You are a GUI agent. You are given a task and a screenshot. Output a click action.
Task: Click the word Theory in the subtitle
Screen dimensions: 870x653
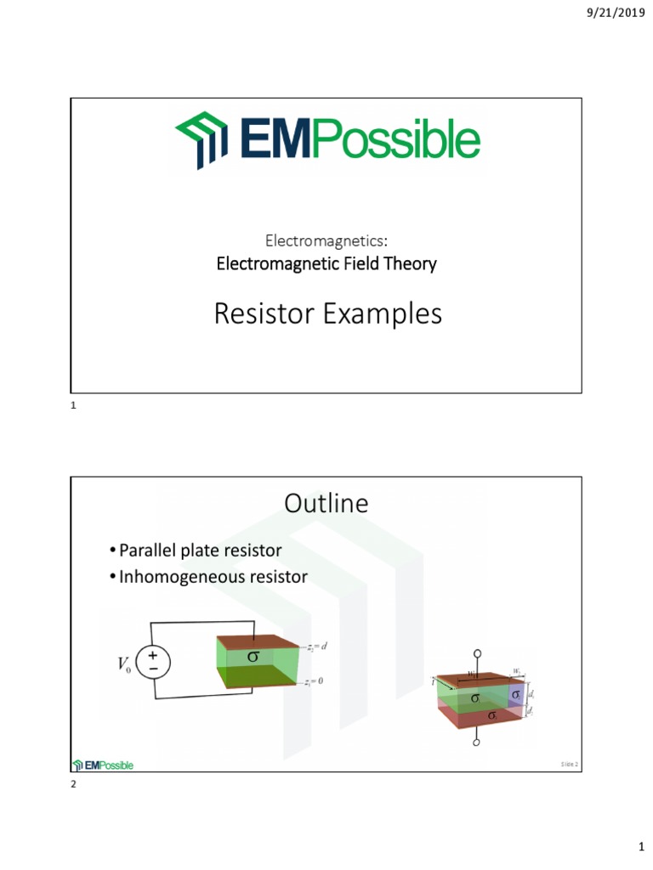412,263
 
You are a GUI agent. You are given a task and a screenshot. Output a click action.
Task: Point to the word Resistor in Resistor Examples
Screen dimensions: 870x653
264,314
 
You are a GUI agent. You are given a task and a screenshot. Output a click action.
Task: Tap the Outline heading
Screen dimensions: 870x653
326,504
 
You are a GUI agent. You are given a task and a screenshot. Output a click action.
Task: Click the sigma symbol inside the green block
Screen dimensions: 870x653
253,657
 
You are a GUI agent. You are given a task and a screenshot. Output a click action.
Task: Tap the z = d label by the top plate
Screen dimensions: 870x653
316,647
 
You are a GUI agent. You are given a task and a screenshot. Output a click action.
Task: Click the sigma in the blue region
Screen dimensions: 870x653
515,696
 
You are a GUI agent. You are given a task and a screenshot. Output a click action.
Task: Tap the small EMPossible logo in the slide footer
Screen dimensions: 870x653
104,765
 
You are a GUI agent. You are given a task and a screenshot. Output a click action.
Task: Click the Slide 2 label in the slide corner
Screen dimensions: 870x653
569,765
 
